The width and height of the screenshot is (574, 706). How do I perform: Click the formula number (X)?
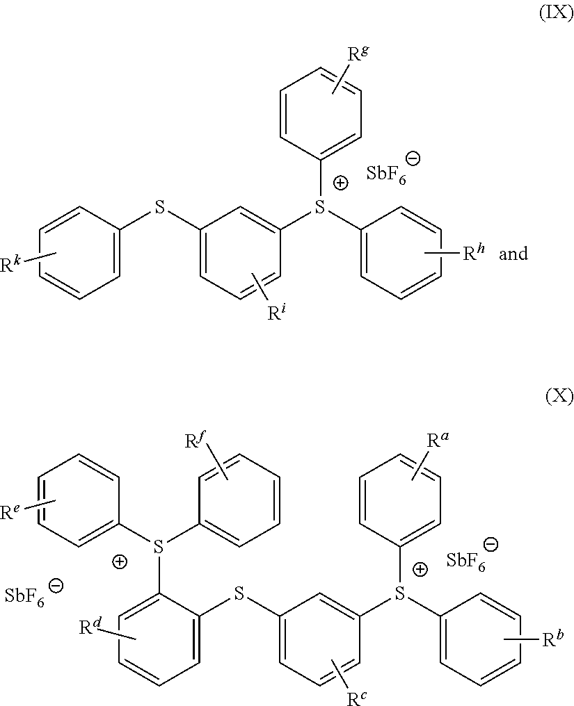(x=559, y=397)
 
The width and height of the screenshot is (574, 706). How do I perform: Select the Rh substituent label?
(x=474, y=253)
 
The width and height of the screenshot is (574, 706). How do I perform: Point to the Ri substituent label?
(x=276, y=313)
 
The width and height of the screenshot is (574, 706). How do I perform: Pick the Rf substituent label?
(x=196, y=439)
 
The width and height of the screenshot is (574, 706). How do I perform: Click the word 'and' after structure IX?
(x=513, y=254)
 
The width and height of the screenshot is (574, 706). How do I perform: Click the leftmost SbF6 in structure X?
(x=28, y=596)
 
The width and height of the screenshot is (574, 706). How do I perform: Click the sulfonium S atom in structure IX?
(x=320, y=206)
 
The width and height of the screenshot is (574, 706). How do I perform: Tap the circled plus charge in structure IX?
(x=341, y=184)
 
